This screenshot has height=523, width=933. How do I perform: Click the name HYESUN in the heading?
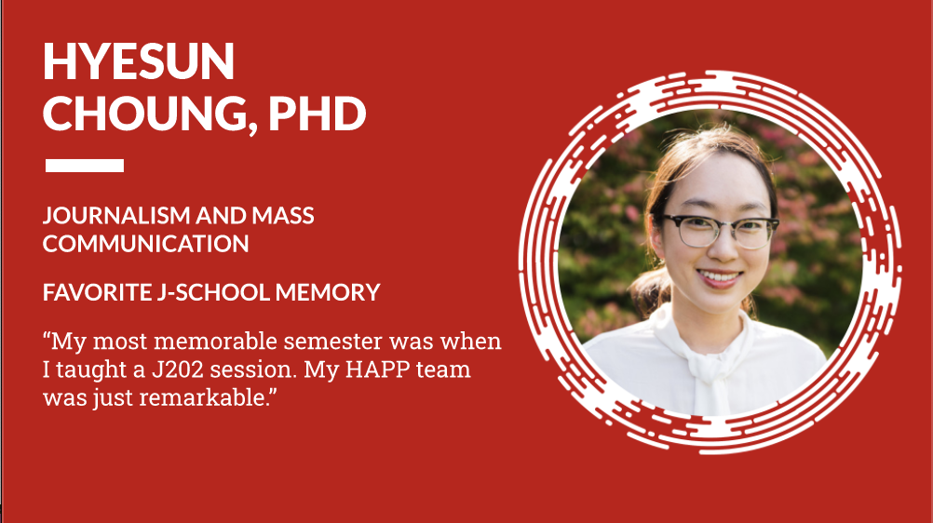pyautogui.click(x=139, y=62)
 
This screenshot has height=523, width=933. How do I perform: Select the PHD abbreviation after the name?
pyautogui.click(x=317, y=113)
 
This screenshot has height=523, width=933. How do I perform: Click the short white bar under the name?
pyautogui.click(x=84, y=166)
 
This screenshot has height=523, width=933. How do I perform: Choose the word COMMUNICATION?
pyautogui.click(x=145, y=244)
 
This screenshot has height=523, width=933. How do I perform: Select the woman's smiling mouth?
pyautogui.click(x=720, y=277)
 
